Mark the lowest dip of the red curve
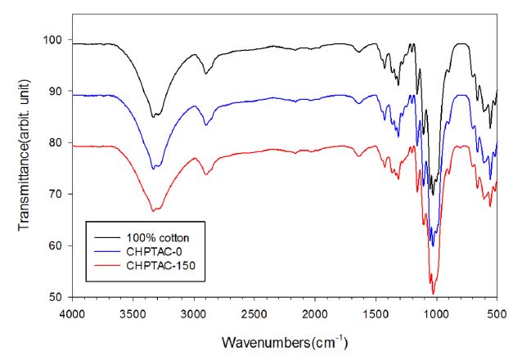click(433, 293)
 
